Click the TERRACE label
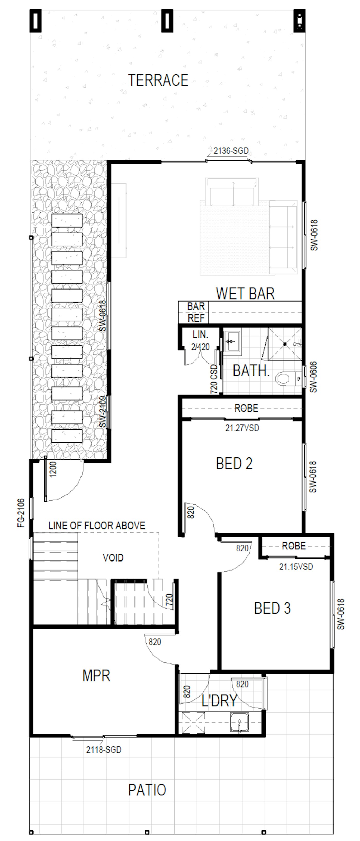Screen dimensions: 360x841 tap(158, 80)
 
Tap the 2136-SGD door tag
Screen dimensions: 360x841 tap(231, 151)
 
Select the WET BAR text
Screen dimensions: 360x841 tap(245, 294)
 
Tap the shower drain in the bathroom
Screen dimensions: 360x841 tap(285, 344)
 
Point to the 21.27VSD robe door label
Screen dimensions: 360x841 tap(242, 428)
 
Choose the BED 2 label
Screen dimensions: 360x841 tap(234, 463)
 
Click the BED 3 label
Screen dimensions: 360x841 tap(272, 608)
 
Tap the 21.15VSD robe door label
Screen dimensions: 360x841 tap(296, 567)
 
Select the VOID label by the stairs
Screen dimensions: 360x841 tap(113, 558)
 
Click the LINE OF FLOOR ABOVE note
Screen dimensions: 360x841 tap(97, 526)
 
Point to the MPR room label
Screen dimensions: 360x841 tap(96, 676)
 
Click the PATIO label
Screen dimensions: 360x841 tap(147, 790)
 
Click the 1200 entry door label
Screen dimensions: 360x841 tap(53, 469)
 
